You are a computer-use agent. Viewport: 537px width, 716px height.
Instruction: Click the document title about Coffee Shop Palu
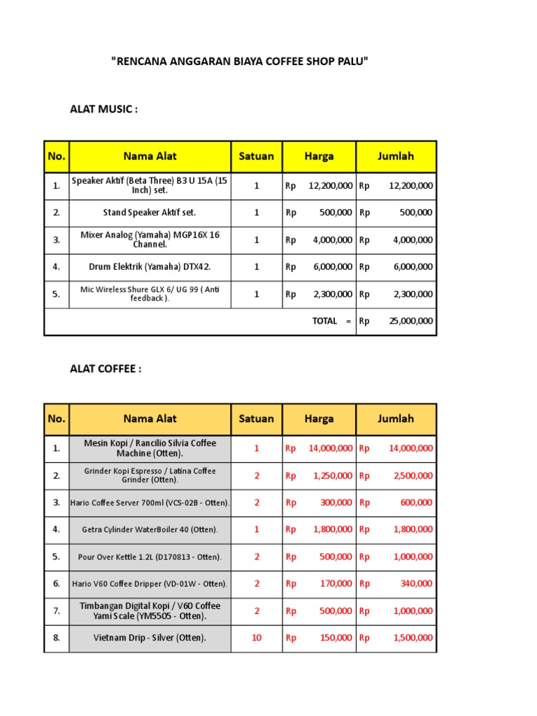[239, 62]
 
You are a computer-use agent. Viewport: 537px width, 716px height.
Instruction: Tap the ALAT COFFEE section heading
[106, 368]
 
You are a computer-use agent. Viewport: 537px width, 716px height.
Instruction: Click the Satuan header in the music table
[256, 156]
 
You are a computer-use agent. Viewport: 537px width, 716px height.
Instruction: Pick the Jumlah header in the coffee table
[396, 419]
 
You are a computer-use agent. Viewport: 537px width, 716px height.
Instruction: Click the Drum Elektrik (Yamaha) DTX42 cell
[150, 266]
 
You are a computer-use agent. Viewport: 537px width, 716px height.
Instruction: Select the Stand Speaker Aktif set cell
[150, 213]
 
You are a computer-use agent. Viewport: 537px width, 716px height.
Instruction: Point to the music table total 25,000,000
[410, 321]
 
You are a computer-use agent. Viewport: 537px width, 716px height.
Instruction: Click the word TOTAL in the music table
[324, 321]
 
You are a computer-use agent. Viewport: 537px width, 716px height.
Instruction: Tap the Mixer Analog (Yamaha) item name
[150, 239]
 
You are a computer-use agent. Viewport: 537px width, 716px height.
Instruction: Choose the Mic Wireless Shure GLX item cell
[150, 294]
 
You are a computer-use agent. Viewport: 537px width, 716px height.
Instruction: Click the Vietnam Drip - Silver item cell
[150, 638]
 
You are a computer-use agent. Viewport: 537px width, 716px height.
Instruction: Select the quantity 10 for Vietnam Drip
[257, 638]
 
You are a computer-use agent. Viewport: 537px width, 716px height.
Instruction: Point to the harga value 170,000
[336, 583]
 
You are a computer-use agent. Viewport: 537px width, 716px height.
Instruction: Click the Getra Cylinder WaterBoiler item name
[150, 529]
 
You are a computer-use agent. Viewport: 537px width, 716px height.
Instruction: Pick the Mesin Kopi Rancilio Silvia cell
[150, 448]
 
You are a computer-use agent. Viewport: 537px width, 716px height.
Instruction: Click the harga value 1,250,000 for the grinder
[331, 475]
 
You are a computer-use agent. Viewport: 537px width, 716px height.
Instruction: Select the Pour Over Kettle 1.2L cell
[150, 557]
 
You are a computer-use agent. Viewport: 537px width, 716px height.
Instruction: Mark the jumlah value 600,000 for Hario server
[415, 502]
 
